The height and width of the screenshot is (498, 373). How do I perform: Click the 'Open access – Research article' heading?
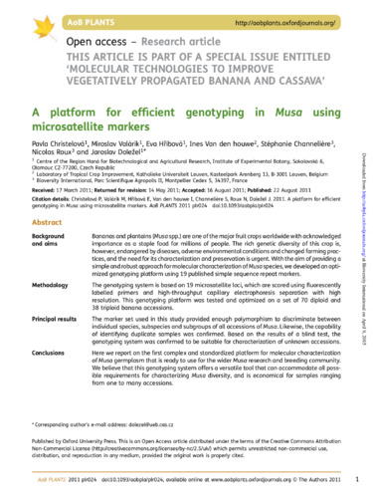(119, 43)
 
